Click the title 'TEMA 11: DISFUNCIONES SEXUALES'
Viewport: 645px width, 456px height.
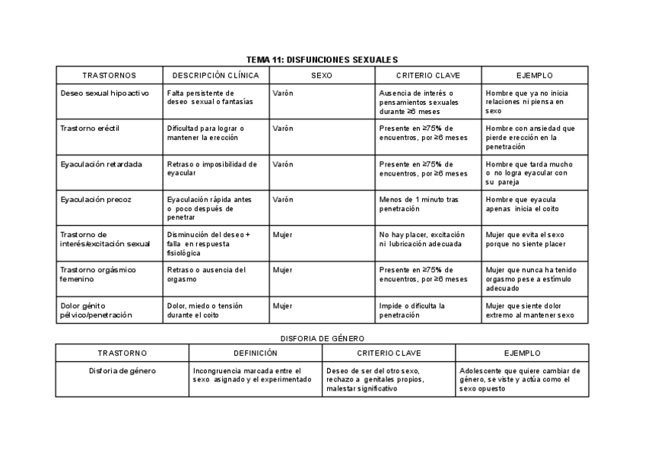tap(322, 59)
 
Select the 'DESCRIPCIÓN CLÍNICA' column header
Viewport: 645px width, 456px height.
tap(216, 75)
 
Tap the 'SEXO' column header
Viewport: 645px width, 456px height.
tap(322, 75)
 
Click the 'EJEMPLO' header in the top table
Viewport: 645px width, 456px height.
tap(534, 75)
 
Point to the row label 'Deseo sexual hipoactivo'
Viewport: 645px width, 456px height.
tap(104, 93)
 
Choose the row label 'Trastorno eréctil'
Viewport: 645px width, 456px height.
tap(90, 128)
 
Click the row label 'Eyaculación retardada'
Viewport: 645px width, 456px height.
tap(100, 164)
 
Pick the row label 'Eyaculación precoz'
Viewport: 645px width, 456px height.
tap(96, 199)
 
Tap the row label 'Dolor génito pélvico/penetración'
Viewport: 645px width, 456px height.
tap(96, 310)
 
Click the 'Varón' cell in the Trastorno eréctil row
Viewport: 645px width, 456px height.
tap(283, 128)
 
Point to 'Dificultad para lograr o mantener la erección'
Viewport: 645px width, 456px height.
tap(205, 133)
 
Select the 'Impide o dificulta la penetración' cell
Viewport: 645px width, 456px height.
tap(411, 310)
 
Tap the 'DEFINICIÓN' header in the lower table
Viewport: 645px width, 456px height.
tap(256, 353)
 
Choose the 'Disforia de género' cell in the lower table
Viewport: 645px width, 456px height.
tap(122, 371)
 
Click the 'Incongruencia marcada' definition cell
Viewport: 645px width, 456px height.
tap(252, 375)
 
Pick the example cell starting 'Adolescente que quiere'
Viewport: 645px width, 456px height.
tap(519, 379)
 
